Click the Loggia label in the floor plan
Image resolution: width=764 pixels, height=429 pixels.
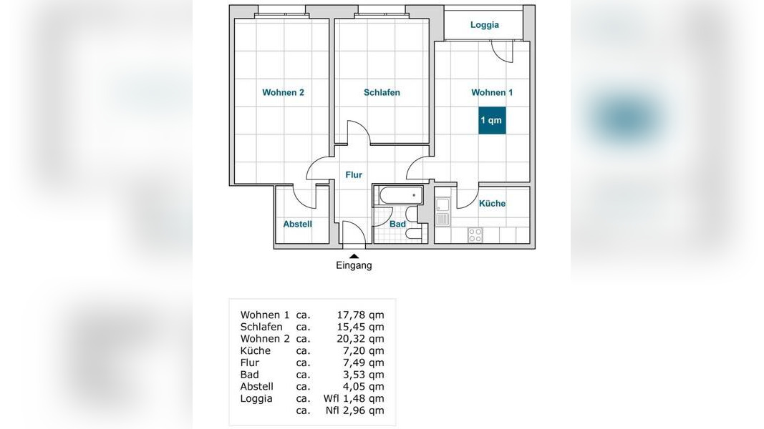pyautogui.click(x=484, y=25)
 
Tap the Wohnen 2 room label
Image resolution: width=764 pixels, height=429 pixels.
pyautogui.click(x=283, y=92)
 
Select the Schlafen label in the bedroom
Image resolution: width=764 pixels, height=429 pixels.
pyautogui.click(x=382, y=92)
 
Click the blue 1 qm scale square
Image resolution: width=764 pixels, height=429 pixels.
pyautogui.click(x=492, y=120)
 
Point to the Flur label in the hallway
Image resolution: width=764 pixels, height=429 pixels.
pyautogui.click(x=354, y=174)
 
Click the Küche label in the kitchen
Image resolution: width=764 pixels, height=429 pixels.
pyautogui.click(x=492, y=203)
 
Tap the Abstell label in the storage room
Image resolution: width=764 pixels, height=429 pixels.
pyautogui.click(x=298, y=225)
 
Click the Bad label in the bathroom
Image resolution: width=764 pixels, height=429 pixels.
pyautogui.click(x=397, y=225)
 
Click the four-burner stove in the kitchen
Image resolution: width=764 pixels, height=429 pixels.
pyautogui.click(x=475, y=235)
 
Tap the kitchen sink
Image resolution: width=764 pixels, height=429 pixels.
pyautogui.click(x=443, y=212)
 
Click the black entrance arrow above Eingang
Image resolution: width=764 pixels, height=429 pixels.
pyautogui.click(x=354, y=257)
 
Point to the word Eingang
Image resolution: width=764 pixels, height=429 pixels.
pyautogui.click(x=354, y=265)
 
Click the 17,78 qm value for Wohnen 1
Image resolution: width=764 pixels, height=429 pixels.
pyautogui.click(x=361, y=315)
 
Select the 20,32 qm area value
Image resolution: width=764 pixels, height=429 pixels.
pyautogui.click(x=361, y=339)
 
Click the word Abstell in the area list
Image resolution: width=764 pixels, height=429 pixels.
pyautogui.click(x=257, y=387)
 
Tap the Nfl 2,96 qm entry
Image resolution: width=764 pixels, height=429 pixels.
pyautogui.click(x=354, y=410)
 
